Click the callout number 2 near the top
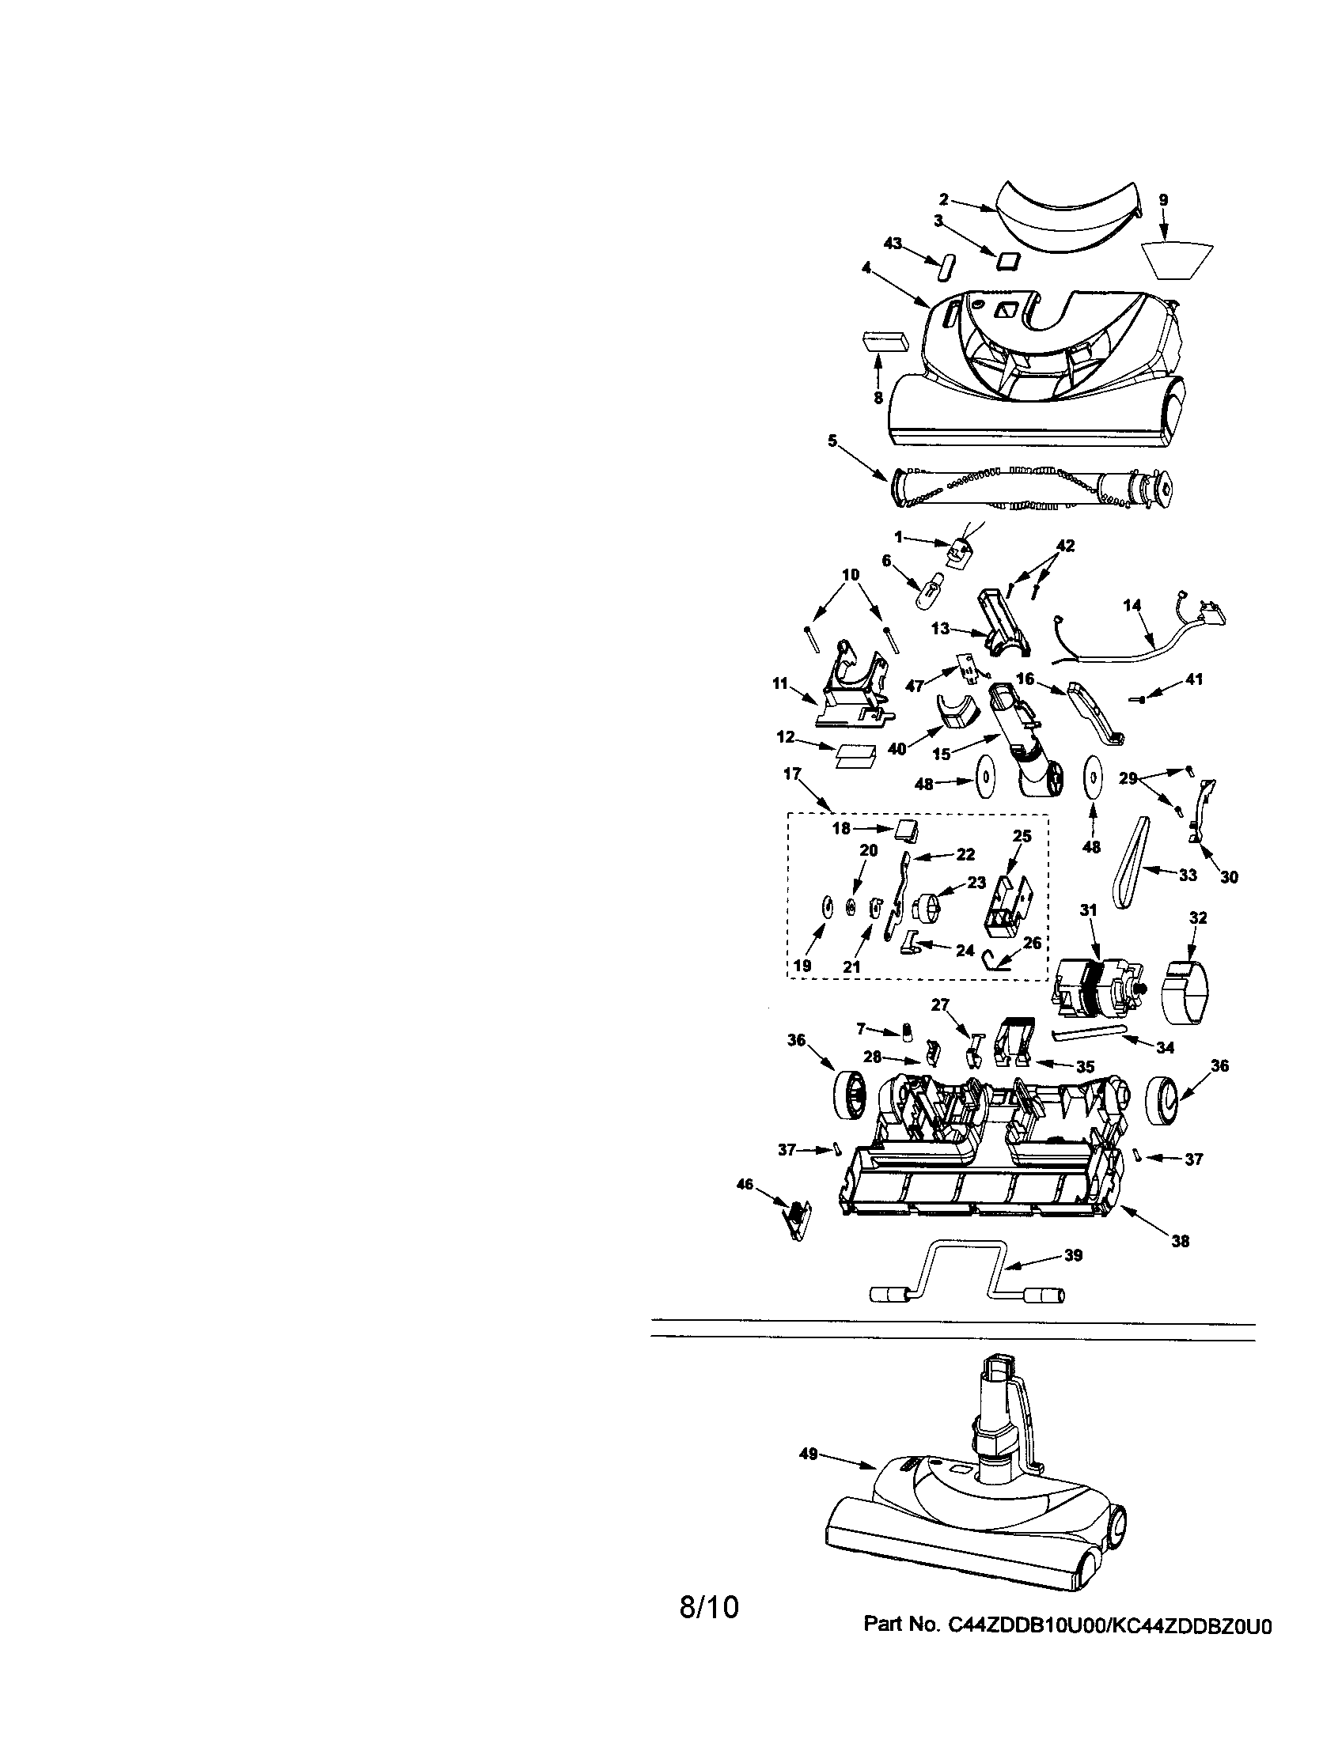click(x=944, y=200)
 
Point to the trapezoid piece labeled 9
click(x=1178, y=261)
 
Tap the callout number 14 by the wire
click(x=1132, y=605)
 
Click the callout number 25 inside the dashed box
click(x=1022, y=836)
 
